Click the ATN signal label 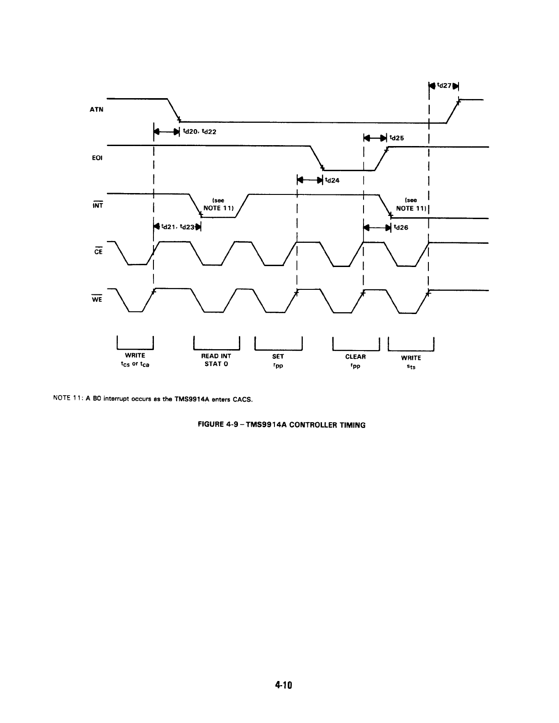[97, 110]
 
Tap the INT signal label [97, 205]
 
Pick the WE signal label [97, 299]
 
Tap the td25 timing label [396, 137]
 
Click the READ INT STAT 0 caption [216, 360]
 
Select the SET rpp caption [278, 360]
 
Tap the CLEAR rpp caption [355, 360]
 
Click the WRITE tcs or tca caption [135, 359]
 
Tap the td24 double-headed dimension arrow [310, 179]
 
